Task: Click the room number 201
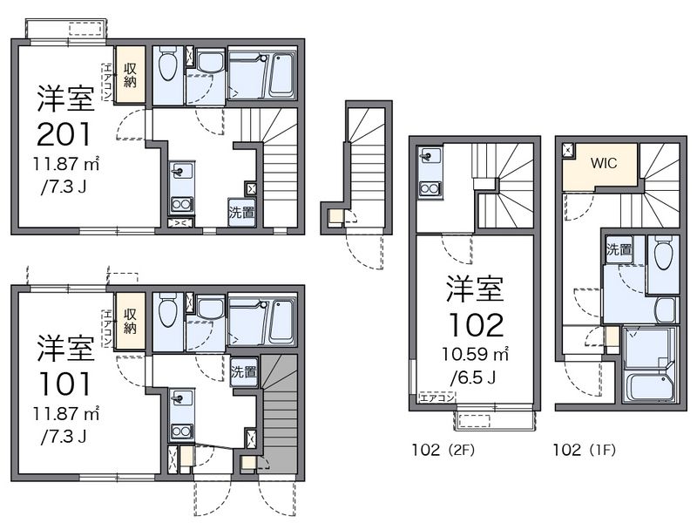64,134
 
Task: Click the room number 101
64,384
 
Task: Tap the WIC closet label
604,163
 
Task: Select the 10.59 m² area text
475,355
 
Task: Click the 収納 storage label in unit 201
130,75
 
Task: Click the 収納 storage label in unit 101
130,321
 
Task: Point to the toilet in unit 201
167,65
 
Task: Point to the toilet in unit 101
167,310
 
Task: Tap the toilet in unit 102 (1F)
664,254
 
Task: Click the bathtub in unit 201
281,75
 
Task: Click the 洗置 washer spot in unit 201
242,213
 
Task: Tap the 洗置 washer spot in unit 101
244,371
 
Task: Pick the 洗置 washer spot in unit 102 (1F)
619,249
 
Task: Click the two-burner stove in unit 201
181,205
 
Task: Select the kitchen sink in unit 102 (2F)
430,157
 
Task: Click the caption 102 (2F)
443,450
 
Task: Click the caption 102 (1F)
584,450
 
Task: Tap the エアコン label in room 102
437,397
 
